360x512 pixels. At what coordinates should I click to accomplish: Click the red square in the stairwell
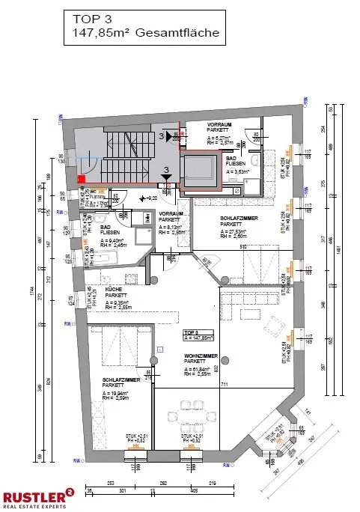coord(81,179)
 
